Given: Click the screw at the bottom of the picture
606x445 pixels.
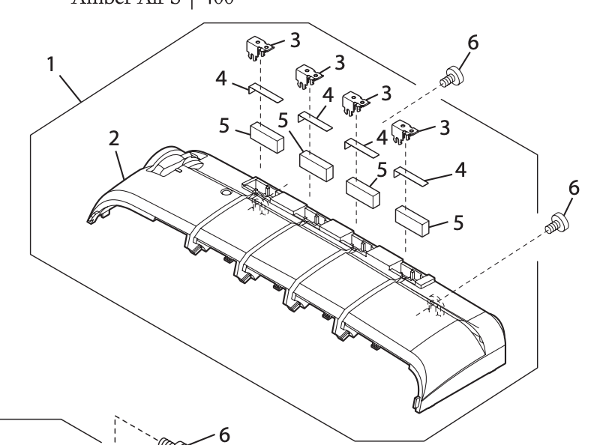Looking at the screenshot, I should point(171,440).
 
